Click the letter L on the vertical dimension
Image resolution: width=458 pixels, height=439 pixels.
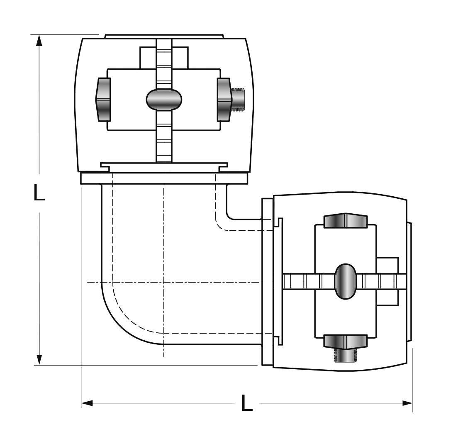pyautogui.click(x=39, y=192)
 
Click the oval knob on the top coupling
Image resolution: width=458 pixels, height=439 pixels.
pyautogui.click(x=164, y=100)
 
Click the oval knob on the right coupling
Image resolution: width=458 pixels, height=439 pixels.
pyautogui.click(x=346, y=281)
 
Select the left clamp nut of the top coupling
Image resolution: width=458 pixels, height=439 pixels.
pyautogui.click(x=103, y=100)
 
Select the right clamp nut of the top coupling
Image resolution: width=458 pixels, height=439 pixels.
pyautogui.click(x=224, y=100)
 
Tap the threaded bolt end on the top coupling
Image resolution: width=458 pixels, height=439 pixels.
pyautogui.click(x=239, y=100)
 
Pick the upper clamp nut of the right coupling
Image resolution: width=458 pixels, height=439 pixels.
pyautogui.click(x=346, y=220)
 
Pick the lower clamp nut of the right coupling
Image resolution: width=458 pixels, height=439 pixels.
pyautogui.click(x=346, y=342)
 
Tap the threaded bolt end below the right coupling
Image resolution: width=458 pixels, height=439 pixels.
pyautogui.click(x=346, y=356)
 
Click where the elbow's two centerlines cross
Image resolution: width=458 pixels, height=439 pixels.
pyautogui.click(x=164, y=282)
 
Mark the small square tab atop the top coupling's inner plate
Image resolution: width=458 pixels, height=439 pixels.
pyautogui.click(x=164, y=58)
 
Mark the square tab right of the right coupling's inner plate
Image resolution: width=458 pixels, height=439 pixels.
pyautogui.click(x=387, y=281)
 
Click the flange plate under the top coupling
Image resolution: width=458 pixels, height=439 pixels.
pyautogui.click(x=164, y=178)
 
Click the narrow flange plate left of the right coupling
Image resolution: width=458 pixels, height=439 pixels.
pyautogui.click(x=267, y=282)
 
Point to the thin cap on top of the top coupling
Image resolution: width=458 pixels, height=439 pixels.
pyautogui.click(x=164, y=36)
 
